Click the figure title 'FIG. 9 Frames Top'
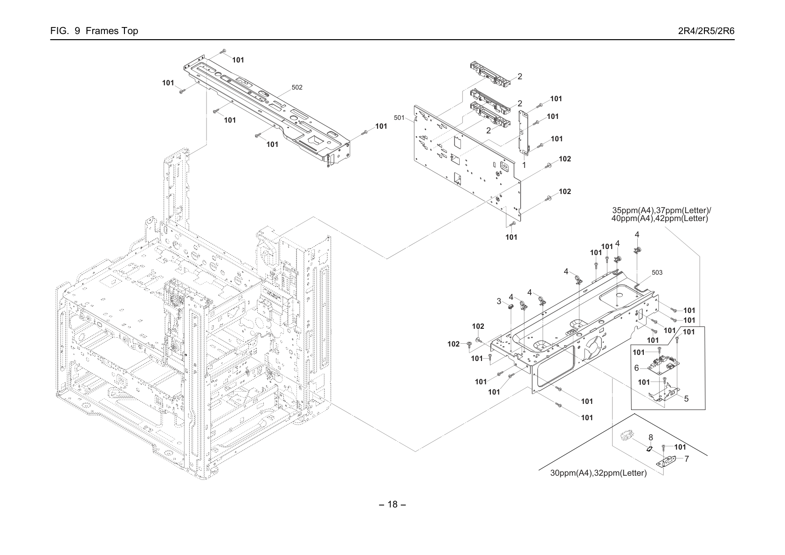(x=94, y=31)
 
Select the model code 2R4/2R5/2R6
(x=706, y=31)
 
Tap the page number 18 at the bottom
(x=392, y=505)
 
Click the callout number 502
(x=297, y=87)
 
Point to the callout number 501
(x=399, y=118)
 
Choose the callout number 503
(x=657, y=272)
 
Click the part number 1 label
(x=524, y=165)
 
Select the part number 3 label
(x=499, y=301)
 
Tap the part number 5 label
(x=686, y=399)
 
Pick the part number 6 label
(x=636, y=368)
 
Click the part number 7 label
(x=687, y=459)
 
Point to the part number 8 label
(x=651, y=437)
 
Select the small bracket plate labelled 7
(x=665, y=462)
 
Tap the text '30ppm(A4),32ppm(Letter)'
(x=598, y=473)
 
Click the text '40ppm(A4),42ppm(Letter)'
(x=660, y=219)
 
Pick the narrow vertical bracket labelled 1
(x=523, y=132)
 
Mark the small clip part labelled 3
(x=510, y=307)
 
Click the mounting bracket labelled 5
(x=664, y=392)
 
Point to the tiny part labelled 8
(x=649, y=448)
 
